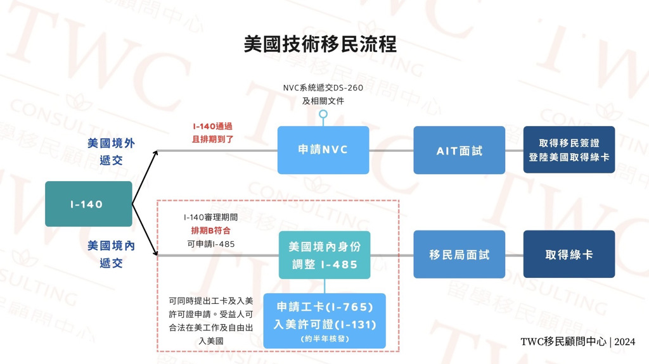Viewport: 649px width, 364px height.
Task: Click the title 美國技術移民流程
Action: [320, 44]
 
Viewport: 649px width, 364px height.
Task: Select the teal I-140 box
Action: [89, 204]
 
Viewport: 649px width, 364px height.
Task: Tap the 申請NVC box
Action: [323, 150]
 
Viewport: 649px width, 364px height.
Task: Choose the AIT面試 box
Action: [459, 150]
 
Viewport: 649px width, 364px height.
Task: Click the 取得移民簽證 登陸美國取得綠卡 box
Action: [569, 150]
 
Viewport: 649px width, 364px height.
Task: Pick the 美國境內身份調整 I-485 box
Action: [324, 254]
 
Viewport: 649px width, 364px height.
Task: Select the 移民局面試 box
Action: [459, 254]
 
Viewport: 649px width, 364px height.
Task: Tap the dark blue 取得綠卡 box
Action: [569, 254]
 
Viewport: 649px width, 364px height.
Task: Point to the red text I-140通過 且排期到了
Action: [212, 133]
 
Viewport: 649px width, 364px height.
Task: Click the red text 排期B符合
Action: [210, 230]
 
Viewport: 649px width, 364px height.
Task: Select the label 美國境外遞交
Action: [111, 152]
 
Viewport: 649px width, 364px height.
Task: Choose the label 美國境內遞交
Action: [111, 254]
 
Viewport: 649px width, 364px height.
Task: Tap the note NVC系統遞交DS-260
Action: [323, 88]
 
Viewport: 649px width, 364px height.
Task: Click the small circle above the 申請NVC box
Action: [323, 114]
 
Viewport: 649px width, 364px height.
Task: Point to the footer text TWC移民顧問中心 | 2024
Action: [578, 341]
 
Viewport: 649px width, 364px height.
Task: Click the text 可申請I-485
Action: [210, 244]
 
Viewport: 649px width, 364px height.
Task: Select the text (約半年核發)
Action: [324, 339]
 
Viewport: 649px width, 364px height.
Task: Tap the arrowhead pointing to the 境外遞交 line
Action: [155, 153]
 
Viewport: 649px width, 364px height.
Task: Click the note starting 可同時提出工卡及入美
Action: [210, 321]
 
